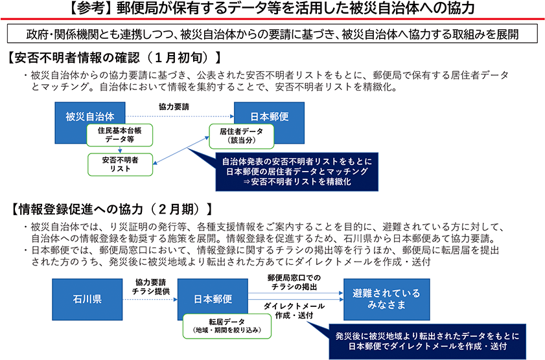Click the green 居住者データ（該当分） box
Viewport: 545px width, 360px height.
tap(241, 135)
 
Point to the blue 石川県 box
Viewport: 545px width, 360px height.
tap(87, 300)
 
